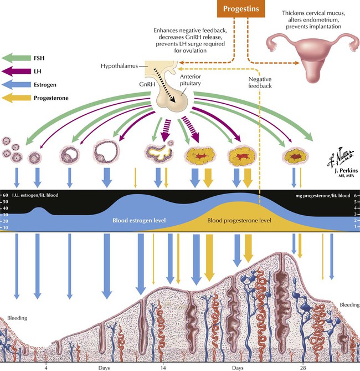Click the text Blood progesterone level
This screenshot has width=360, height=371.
(x=239, y=220)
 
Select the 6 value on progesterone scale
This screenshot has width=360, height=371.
(x=354, y=196)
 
